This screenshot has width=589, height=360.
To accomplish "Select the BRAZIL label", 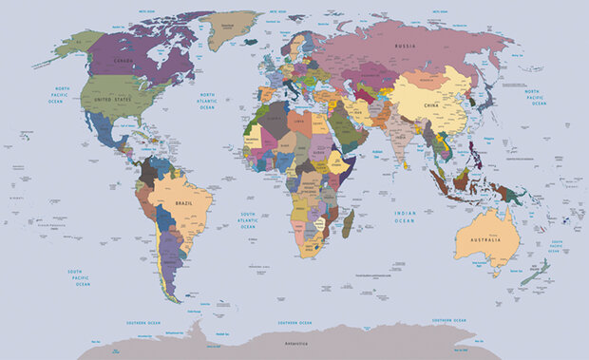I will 185,202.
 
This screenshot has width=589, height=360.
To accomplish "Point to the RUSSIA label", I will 406,46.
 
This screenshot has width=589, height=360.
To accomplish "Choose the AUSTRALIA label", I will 478,240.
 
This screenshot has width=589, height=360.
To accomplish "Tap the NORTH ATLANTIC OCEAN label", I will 206,101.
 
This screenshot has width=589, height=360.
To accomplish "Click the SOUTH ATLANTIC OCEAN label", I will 247,220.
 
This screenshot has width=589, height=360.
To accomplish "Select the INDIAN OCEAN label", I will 405,216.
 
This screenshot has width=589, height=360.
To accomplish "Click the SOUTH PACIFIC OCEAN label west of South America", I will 83,277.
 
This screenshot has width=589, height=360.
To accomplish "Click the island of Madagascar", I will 348,224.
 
